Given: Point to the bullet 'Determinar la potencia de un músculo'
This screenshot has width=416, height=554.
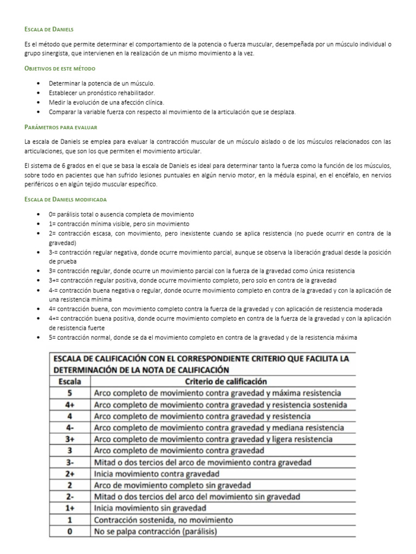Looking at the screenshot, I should [102, 83].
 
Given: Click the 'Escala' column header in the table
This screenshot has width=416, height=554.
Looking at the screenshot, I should [69, 381].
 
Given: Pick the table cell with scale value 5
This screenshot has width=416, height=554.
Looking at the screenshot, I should [69, 393].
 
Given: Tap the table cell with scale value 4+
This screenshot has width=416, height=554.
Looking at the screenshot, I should [69, 405].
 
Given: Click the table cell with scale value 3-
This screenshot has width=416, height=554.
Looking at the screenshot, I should [69, 462].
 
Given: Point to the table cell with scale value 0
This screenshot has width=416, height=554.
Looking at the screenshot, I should [69, 531].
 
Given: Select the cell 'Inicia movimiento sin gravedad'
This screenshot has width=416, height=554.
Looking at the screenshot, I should [150, 509].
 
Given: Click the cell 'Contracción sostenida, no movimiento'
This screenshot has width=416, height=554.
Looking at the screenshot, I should [163, 520].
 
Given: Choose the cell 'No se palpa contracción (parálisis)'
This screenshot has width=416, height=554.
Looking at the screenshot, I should [155, 531].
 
